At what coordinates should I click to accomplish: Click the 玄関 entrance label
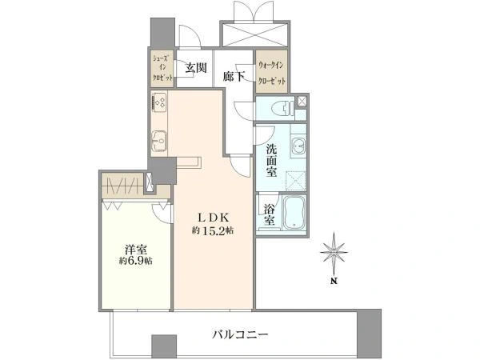click(196, 69)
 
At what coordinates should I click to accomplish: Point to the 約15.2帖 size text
click(212, 231)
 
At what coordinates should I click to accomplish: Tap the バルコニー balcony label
click(240, 333)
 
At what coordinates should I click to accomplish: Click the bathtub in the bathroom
click(294, 213)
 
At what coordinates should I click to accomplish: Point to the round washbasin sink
click(297, 146)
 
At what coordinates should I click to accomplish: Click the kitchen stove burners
click(158, 103)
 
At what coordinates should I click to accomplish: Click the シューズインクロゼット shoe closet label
click(162, 69)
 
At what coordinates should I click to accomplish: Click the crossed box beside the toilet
click(302, 101)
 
